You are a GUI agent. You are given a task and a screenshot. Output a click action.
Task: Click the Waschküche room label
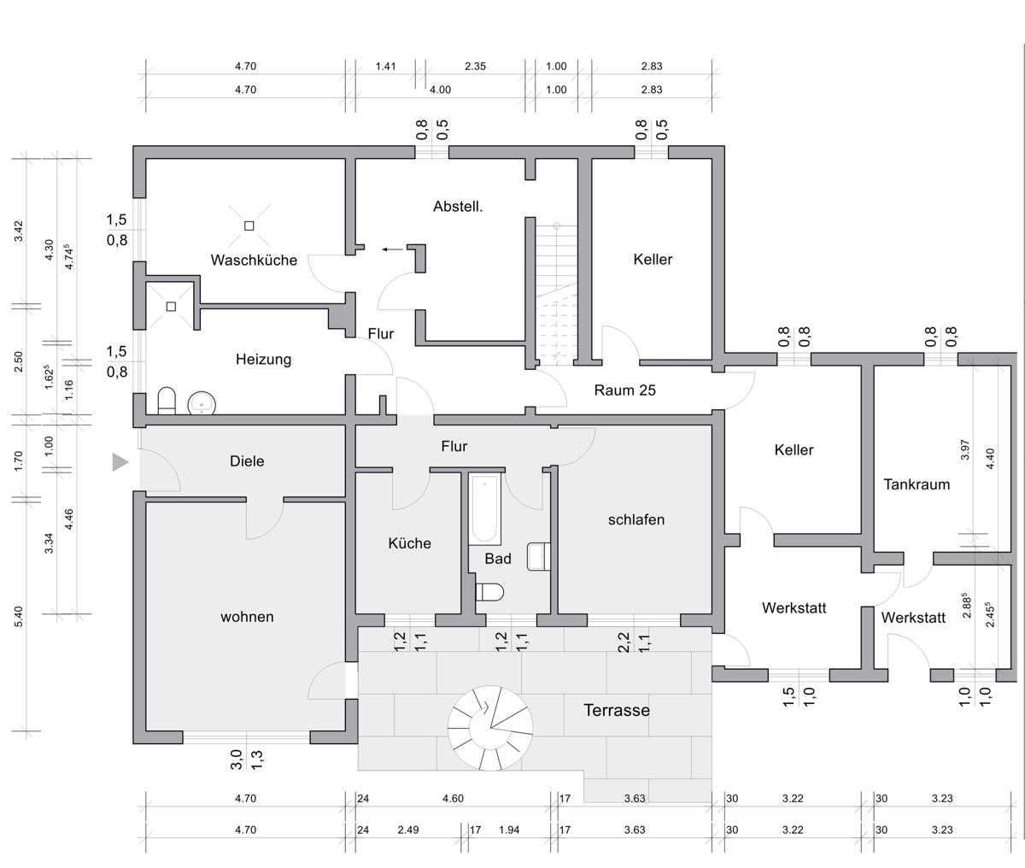click(254, 260)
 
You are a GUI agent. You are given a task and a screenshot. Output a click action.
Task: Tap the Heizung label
click(263, 359)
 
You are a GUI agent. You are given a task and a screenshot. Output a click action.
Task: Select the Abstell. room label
click(458, 207)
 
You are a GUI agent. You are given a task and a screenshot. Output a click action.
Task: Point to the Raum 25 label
click(624, 390)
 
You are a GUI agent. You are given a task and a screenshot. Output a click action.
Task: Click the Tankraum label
click(917, 484)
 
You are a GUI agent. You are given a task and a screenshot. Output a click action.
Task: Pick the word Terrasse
click(617, 710)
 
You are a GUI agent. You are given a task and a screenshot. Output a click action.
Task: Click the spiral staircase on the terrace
click(490, 728)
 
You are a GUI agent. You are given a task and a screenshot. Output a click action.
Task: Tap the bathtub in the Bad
click(485, 509)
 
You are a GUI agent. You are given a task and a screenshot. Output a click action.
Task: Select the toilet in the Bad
click(489, 592)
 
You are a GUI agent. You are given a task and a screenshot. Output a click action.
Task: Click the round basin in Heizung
click(202, 404)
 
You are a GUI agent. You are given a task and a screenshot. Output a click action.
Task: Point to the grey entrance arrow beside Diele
click(120, 462)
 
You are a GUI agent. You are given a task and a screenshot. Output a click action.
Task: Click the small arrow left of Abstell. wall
click(392, 249)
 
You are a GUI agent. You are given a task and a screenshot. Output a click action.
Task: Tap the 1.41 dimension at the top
click(385, 67)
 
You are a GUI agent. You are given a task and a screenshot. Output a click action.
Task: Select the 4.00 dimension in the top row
click(440, 90)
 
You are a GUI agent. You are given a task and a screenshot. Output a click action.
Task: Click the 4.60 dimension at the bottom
click(453, 799)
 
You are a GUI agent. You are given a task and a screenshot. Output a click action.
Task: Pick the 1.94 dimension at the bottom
click(509, 830)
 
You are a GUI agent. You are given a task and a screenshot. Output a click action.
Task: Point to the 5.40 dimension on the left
click(18, 617)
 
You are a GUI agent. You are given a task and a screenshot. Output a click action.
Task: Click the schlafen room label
click(636, 519)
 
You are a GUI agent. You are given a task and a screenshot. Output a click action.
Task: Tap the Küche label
click(410, 543)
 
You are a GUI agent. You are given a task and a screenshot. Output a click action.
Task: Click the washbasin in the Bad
click(539, 556)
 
